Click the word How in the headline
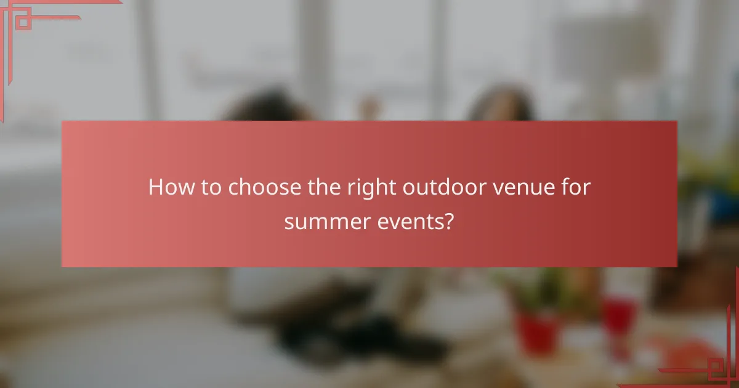coord(168,187)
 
